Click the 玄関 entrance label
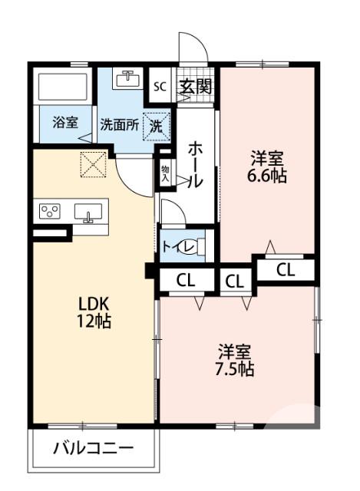click(195, 86)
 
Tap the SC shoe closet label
click(160, 86)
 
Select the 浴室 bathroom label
click(64, 122)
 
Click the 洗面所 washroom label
click(119, 126)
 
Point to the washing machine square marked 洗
click(156, 125)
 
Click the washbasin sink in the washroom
click(127, 78)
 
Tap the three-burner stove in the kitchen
click(51, 210)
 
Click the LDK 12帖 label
click(93, 311)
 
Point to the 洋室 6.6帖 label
click(268, 167)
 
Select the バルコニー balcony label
click(93, 448)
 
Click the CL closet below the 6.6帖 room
click(285, 269)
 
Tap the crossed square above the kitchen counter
click(92, 163)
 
